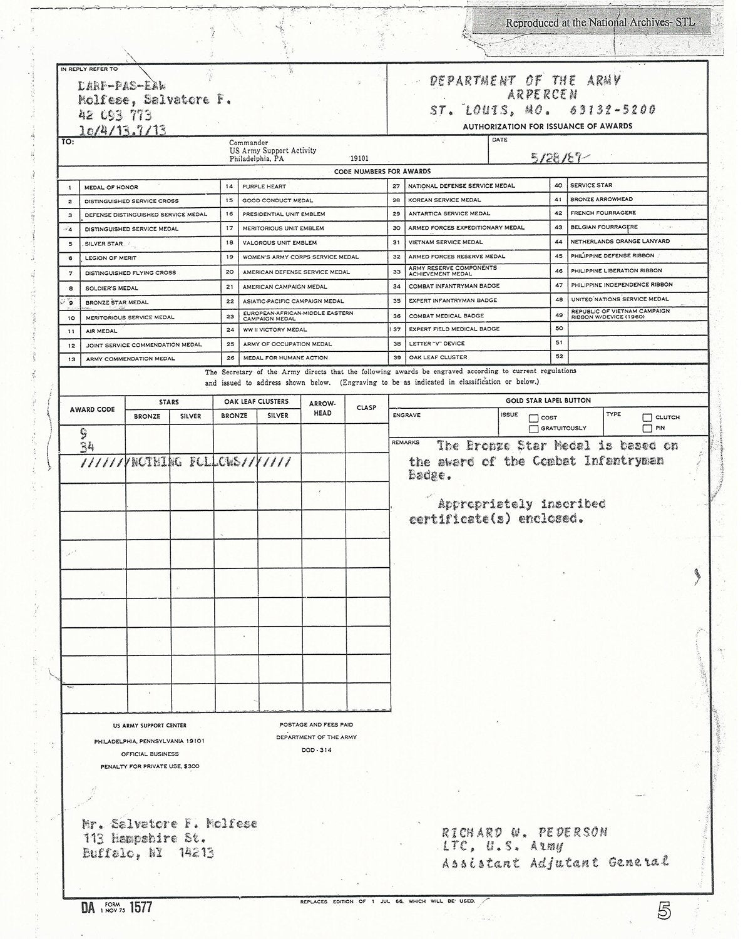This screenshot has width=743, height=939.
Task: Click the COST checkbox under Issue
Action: (x=534, y=418)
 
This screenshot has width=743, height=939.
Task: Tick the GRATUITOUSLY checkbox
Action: (x=534, y=429)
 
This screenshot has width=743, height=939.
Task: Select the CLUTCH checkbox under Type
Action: (x=647, y=418)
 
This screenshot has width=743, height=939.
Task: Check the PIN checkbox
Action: (x=647, y=429)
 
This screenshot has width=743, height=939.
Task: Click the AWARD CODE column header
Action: (x=93, y=409)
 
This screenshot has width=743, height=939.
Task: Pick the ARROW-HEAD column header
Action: (x=322, y=408)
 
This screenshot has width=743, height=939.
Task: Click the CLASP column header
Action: (x=366, y=408)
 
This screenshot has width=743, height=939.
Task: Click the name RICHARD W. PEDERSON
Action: (x=524, y=833)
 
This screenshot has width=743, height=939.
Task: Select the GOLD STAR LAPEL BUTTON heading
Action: (x=548, y=401)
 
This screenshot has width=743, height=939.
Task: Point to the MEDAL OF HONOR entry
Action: (x=111, y=187)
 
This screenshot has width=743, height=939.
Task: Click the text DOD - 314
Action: (x=317, y=750)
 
